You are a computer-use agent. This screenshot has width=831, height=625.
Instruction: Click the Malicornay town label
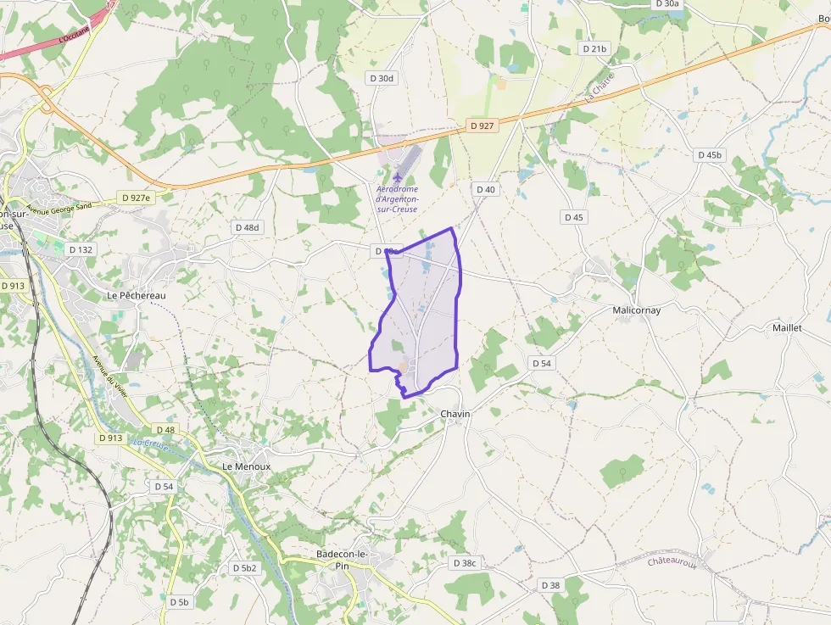pyautogui.click(x=636, y=310)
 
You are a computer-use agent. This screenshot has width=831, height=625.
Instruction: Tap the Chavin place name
pyautogui.click(x=455, y=414)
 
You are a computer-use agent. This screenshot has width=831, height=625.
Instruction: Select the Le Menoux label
pyautogui.click(x=246, y=466)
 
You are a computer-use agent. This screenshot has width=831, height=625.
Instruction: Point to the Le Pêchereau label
pyautogui.click(x=137, y=295)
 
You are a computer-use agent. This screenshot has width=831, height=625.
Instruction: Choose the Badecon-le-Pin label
pyautogui.click(x=342, y=560)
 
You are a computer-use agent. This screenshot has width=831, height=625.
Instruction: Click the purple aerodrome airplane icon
pyautogui.click(x=398, y=176)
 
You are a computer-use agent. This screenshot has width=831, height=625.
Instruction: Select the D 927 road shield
pyautogui.click(x=481, y=126)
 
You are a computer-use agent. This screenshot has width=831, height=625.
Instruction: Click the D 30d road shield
pyautogui.click(x=382, y=78)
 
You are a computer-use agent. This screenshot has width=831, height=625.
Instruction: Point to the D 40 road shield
pyautogui.click(x=485, y=189)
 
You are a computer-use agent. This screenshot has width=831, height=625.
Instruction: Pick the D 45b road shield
pyautogui.click(x=709, y=155)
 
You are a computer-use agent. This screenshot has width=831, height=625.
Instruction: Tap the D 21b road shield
pyautogui.click(x=595, y=49)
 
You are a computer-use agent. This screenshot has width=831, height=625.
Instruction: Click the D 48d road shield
pyautogui.click(x=248, y=227)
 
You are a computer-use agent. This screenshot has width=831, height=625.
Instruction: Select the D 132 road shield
pyautogui.click(x=81, y=249)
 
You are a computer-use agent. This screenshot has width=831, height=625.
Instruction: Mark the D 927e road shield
pyautogui.click(x=136, y=198)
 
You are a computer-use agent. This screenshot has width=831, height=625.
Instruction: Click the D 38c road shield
pyautogui.click(x=466, y=563)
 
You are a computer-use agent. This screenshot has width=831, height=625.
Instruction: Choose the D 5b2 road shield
pyautogui.click(x=244, y=567)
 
